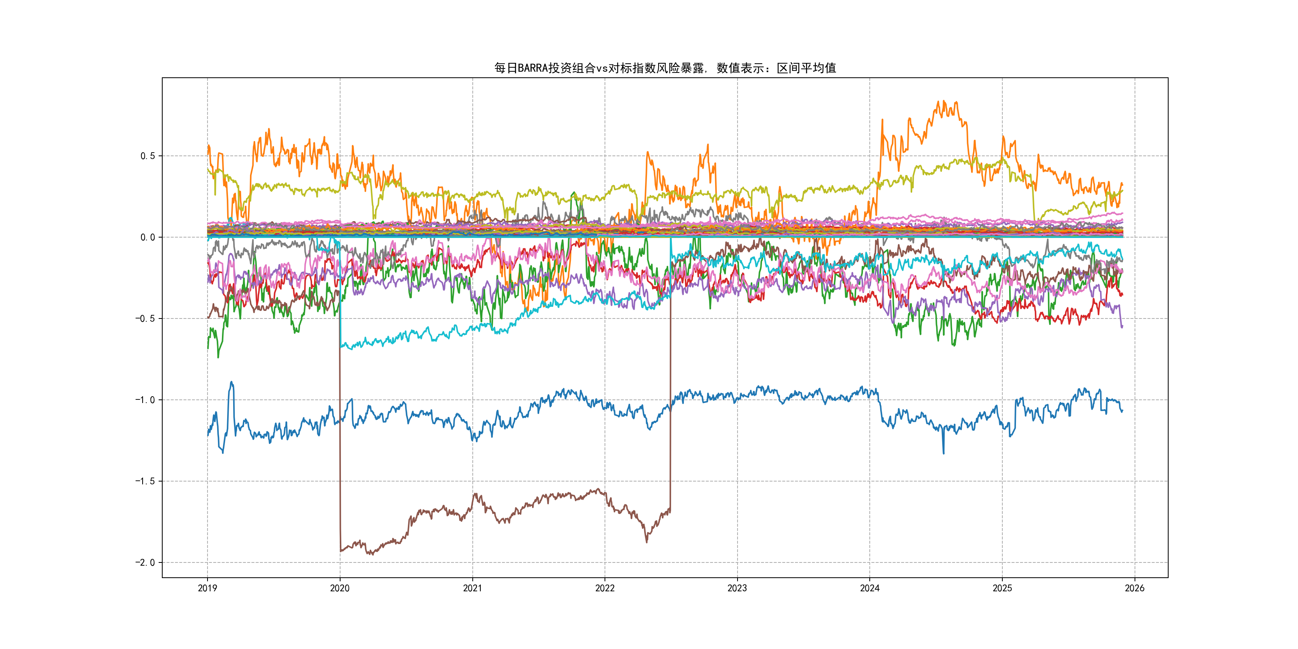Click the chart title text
665,68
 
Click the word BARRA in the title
532,68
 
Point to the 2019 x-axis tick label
207,588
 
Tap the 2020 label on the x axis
340,588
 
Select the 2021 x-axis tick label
472,588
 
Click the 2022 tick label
605,588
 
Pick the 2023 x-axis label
737,588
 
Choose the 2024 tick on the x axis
870,588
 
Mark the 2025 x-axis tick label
1002,588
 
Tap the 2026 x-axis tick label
1135,588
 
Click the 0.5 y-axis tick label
148,156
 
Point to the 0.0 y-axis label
148,237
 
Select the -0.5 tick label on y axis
145,318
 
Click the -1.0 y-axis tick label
145,400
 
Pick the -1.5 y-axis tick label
145,481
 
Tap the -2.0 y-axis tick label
145,563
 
